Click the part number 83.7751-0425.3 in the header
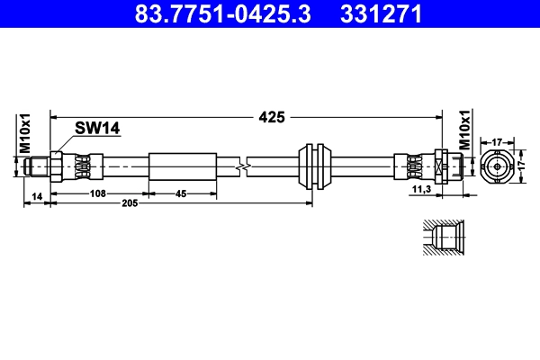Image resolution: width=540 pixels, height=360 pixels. point(222,13)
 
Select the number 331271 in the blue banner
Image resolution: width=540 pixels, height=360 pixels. point(381,13)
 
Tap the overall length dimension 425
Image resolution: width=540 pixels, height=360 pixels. point(272,117)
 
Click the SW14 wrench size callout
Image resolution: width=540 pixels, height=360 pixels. point(97,128)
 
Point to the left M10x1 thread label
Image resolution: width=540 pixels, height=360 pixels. point(25,133)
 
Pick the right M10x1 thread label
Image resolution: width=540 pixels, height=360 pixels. point(465,130)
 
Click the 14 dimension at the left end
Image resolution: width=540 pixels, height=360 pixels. point(37,196)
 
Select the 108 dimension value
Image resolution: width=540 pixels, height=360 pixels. point(98,193)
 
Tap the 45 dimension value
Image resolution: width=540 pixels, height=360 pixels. point(181,194)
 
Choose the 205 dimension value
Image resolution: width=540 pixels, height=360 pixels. point(130,203)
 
